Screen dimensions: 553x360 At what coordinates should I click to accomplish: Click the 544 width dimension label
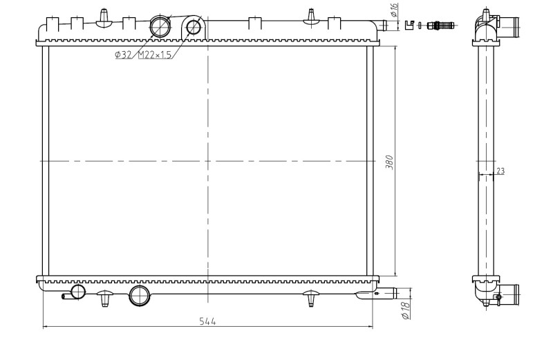point(207,321)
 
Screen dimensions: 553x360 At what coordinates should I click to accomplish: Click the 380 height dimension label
point(390,162)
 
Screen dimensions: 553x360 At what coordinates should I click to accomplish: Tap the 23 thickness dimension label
point(500,171)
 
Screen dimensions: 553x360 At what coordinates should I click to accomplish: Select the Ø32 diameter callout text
point(123,55)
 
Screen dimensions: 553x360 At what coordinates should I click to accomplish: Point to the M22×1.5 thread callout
point(154,55)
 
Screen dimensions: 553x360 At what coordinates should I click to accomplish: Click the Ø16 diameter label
point(394,10)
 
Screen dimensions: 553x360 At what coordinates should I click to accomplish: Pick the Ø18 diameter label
point(406,311)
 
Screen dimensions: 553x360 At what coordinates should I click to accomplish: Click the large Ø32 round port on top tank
point(160,26)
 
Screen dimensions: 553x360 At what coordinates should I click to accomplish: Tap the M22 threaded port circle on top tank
point(193,27)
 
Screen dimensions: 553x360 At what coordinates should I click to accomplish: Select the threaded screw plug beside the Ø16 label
point(440,25)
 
